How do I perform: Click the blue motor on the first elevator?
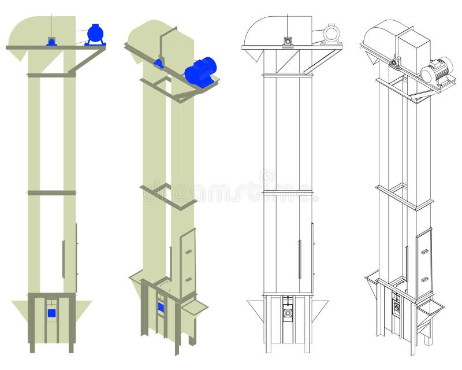coord(95,34)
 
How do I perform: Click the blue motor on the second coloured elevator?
coord(200,72)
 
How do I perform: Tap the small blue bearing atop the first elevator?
coord(51,42)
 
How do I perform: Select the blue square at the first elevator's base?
coord(51,313)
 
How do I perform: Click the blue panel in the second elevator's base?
coord(161,306)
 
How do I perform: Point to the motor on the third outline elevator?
coord(331,34)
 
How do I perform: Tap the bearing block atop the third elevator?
coord(287,42)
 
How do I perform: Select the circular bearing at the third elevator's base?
coord(287,313)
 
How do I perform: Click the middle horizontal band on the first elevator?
coord(51,193)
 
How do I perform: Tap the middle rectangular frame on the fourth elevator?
coord(404,196)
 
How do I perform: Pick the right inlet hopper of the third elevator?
coord(319,309)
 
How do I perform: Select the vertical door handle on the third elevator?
coord(299,258)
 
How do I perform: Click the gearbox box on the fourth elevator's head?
coord(414,52)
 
